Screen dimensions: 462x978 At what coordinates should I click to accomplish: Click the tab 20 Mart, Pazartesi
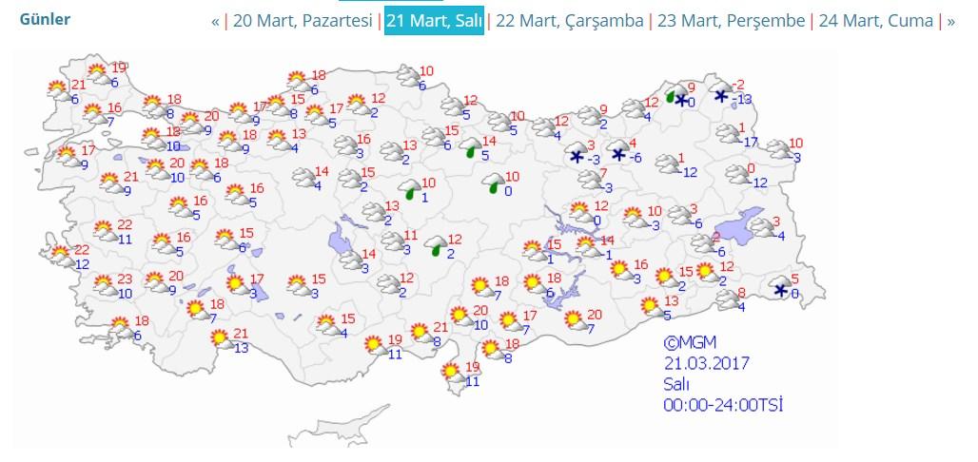pyautogui.click(x=303, y=21)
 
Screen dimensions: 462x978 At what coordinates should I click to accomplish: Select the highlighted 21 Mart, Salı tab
pyautogui.click(x=434, y=21)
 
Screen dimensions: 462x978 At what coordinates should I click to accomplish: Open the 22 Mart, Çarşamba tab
pyautogui.click(x=570, y=21)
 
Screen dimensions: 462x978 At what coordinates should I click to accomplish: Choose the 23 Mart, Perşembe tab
pyautogui.click(x=731, y=21)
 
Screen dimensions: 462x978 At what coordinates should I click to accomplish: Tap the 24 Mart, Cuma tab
pyautogui.click(x=875, y=21)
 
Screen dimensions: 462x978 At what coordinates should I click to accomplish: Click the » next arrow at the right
pyautogui.click(x=950, y=21)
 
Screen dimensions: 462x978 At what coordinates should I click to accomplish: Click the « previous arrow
pyautogui.click(x=215, y=21)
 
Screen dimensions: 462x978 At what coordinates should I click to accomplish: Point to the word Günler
pyautogui.click(x=45, y=19)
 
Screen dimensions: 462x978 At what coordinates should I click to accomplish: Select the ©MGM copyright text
pyautogui.click(x=690, y=342)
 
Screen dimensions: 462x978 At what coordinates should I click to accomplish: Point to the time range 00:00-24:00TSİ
pyautogui.click(x=723, y=405)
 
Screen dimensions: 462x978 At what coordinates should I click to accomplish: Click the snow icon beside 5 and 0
pyautogui.click(x=781, y=290)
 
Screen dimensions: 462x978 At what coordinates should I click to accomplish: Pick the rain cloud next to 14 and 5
pyautogui.click(x=471, y=148)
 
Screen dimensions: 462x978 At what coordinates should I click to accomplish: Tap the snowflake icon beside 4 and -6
pyautogui.click(x=619, y=154)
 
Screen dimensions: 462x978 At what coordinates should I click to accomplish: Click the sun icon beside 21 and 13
pyautogui.click(x=220, y=337)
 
